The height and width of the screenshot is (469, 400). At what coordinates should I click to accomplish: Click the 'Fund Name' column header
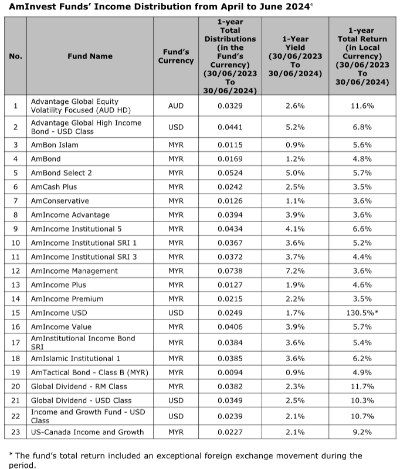click(90, 56)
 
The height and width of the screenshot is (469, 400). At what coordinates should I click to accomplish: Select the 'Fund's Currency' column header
click(175, 56)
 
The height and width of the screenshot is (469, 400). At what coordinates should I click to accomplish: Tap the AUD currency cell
click(175, 106)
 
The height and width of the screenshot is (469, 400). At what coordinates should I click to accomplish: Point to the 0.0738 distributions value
click(230, 271)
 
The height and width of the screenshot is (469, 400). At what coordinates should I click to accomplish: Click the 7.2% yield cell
click(295, 271)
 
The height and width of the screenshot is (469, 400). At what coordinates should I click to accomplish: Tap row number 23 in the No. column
click(16, 432)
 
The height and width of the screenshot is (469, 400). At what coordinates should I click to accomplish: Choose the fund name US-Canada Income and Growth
click(87, 432)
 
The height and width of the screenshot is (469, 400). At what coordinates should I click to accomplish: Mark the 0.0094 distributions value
click(230, 372)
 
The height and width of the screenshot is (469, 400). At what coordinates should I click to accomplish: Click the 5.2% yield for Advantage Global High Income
click(295, 127)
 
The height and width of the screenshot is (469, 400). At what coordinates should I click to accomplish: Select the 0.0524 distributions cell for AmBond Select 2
click(230, 173)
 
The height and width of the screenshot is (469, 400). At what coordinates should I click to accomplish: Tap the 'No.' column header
click(16, 56)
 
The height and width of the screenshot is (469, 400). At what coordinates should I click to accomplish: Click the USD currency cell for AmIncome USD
click(175, 312)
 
